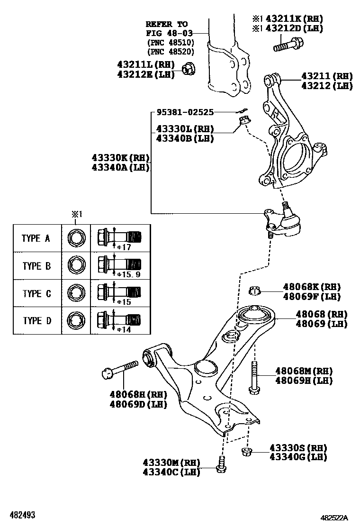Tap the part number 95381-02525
(x=185, y=112)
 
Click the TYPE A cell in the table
(x=36, y=238)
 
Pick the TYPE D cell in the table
(x=36, y=321)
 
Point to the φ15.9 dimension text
(x=129, y=274)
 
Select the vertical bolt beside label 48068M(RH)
(x=254, y=377)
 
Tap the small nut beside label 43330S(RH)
(x=246, y=452)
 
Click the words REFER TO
(x=166, y=24)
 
